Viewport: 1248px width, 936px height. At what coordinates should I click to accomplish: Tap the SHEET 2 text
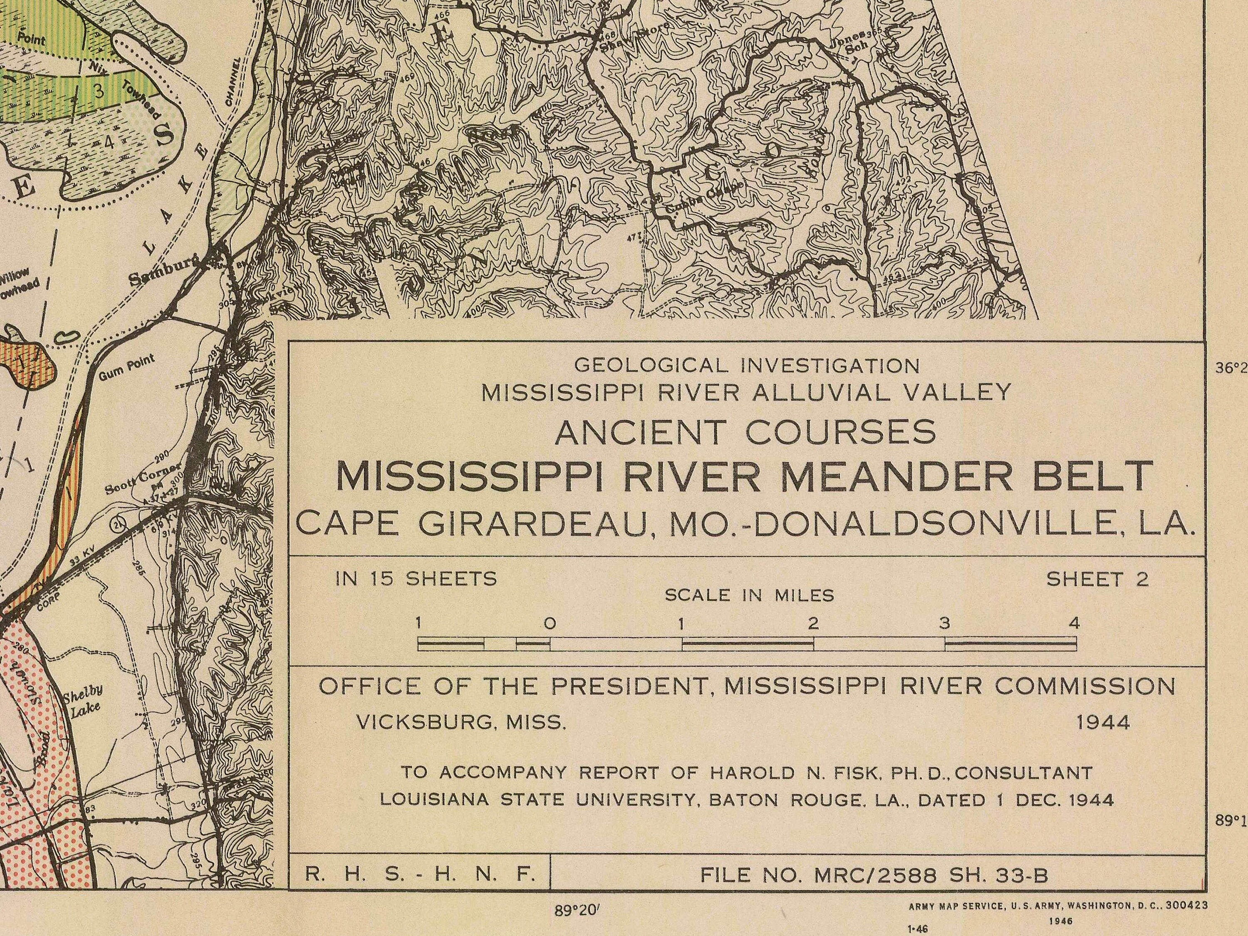pyautogui.click(x=1097, y=579)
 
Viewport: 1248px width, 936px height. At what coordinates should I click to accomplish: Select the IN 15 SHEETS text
pyautogui.click(x=416, y=579)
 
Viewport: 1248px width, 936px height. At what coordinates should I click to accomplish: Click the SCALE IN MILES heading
pyautogui.click(x=749, y=595)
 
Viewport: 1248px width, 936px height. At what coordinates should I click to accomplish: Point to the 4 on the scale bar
pyautogui.click(x=1074, y=624)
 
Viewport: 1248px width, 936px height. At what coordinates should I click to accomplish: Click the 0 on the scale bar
pyautogui.click(x=550, y=624)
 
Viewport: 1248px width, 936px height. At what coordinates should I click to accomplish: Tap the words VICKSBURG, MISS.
pyautogui.click(x=461, y=722)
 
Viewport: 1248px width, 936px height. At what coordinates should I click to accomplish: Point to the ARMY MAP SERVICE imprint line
pyautogui.click(x=1058, y=906)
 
